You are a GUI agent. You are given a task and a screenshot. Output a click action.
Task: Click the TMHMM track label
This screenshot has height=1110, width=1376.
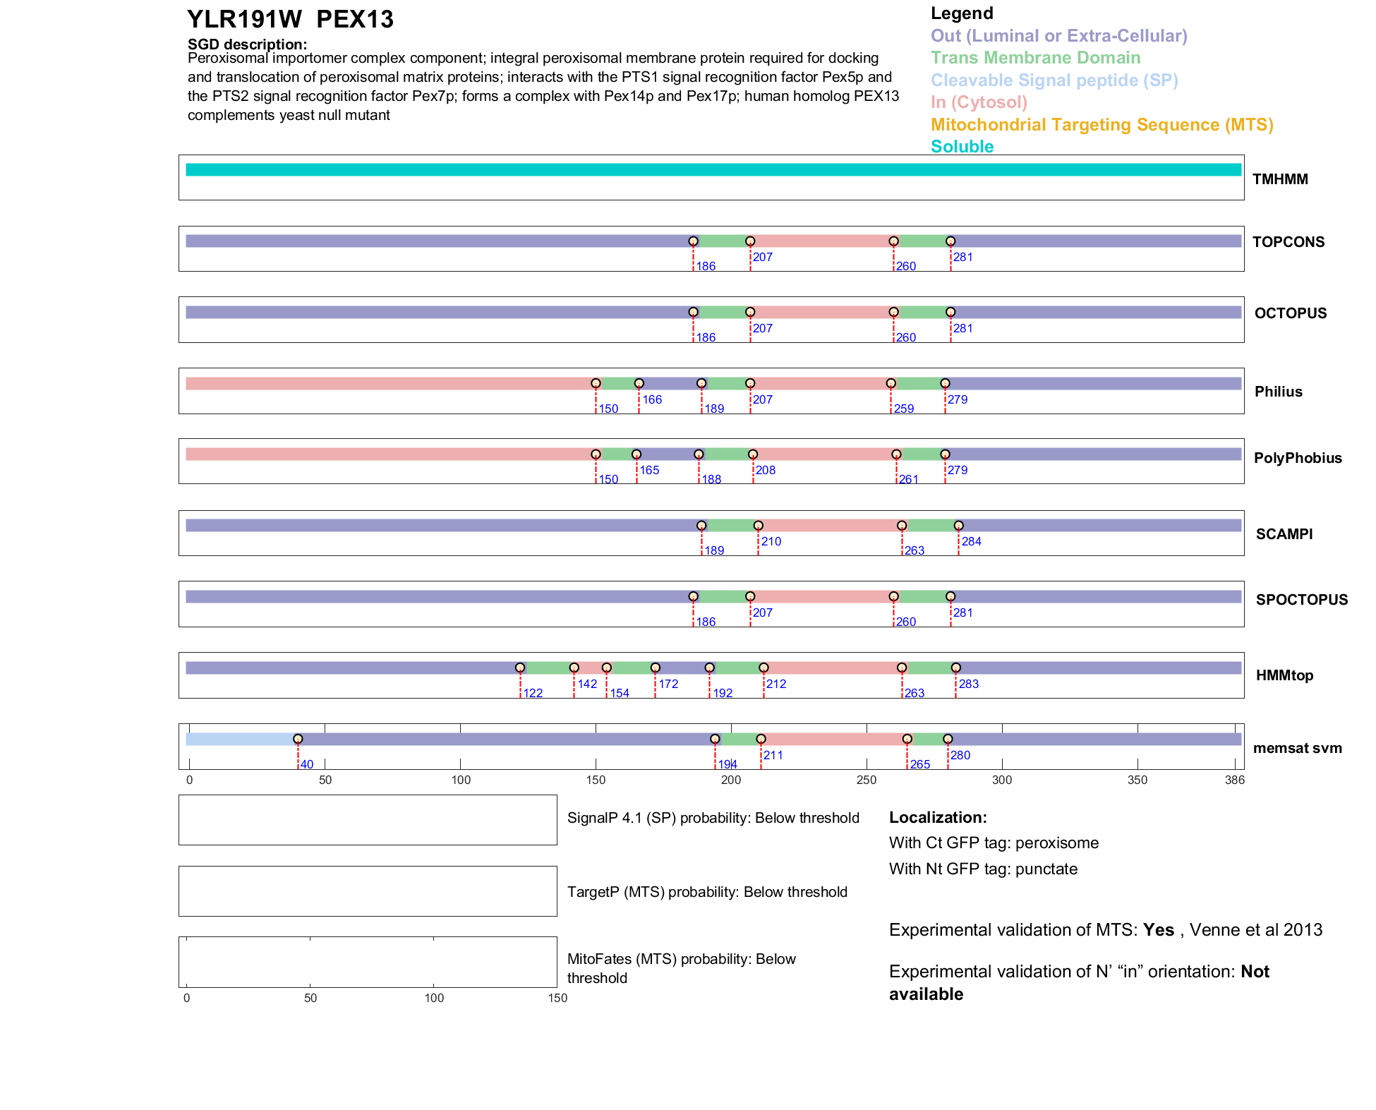[x=1279, y=179]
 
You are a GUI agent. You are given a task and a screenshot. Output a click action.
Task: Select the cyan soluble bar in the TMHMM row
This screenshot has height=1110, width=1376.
[x=713, y=170]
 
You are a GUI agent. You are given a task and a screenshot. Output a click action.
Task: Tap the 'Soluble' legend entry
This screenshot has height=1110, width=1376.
[x=962, y=147]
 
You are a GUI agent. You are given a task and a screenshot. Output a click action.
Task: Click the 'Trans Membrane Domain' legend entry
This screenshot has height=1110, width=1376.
[x=1035, y=58]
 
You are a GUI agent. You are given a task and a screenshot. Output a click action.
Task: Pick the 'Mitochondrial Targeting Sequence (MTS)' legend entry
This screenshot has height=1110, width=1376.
[x=1102, y=125]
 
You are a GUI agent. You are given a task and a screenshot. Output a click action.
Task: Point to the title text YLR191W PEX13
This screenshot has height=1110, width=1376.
[x=290, y=20]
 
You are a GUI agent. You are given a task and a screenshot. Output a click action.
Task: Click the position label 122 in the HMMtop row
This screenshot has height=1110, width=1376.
[x=533, y=693]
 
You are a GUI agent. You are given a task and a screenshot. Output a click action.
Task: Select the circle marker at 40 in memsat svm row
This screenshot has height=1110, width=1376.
[x=298, y=739]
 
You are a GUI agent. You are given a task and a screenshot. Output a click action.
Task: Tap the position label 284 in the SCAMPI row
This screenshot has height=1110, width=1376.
[x=971, y=541]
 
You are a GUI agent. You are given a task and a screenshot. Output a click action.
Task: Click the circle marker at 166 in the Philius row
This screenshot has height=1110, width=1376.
[x=639, y=383]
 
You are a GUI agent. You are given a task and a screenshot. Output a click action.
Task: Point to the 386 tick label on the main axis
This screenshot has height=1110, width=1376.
[x=1235, y=780]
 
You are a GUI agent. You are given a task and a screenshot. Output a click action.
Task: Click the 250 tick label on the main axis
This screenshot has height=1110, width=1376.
[x=867, y=780]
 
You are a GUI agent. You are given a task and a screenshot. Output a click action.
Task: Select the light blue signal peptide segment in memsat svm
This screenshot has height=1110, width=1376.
[x=240, y=739]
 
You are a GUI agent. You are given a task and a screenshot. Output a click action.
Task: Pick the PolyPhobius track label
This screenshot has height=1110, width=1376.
[x=1297, y=458]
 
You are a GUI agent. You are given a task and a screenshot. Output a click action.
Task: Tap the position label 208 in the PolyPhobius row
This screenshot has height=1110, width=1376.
[x=766, y=470]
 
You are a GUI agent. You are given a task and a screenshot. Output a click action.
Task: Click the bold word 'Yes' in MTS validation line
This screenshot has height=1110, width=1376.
[x=1158, y=930]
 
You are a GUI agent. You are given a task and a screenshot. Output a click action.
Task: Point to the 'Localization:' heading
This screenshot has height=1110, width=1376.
[x=938, y=817]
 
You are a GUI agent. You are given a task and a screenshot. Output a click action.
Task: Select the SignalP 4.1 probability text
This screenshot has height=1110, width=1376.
[x=713, y=818]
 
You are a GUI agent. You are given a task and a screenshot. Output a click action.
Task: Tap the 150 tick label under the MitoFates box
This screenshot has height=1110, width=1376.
[x=557, y=998]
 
